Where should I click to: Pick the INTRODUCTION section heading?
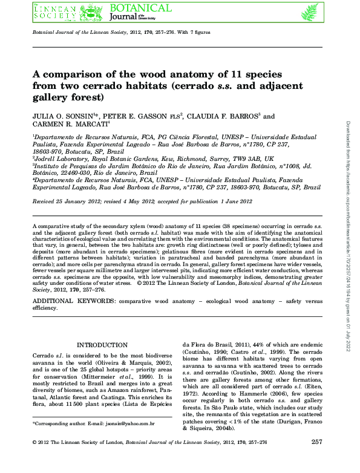tap(97, 345)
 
